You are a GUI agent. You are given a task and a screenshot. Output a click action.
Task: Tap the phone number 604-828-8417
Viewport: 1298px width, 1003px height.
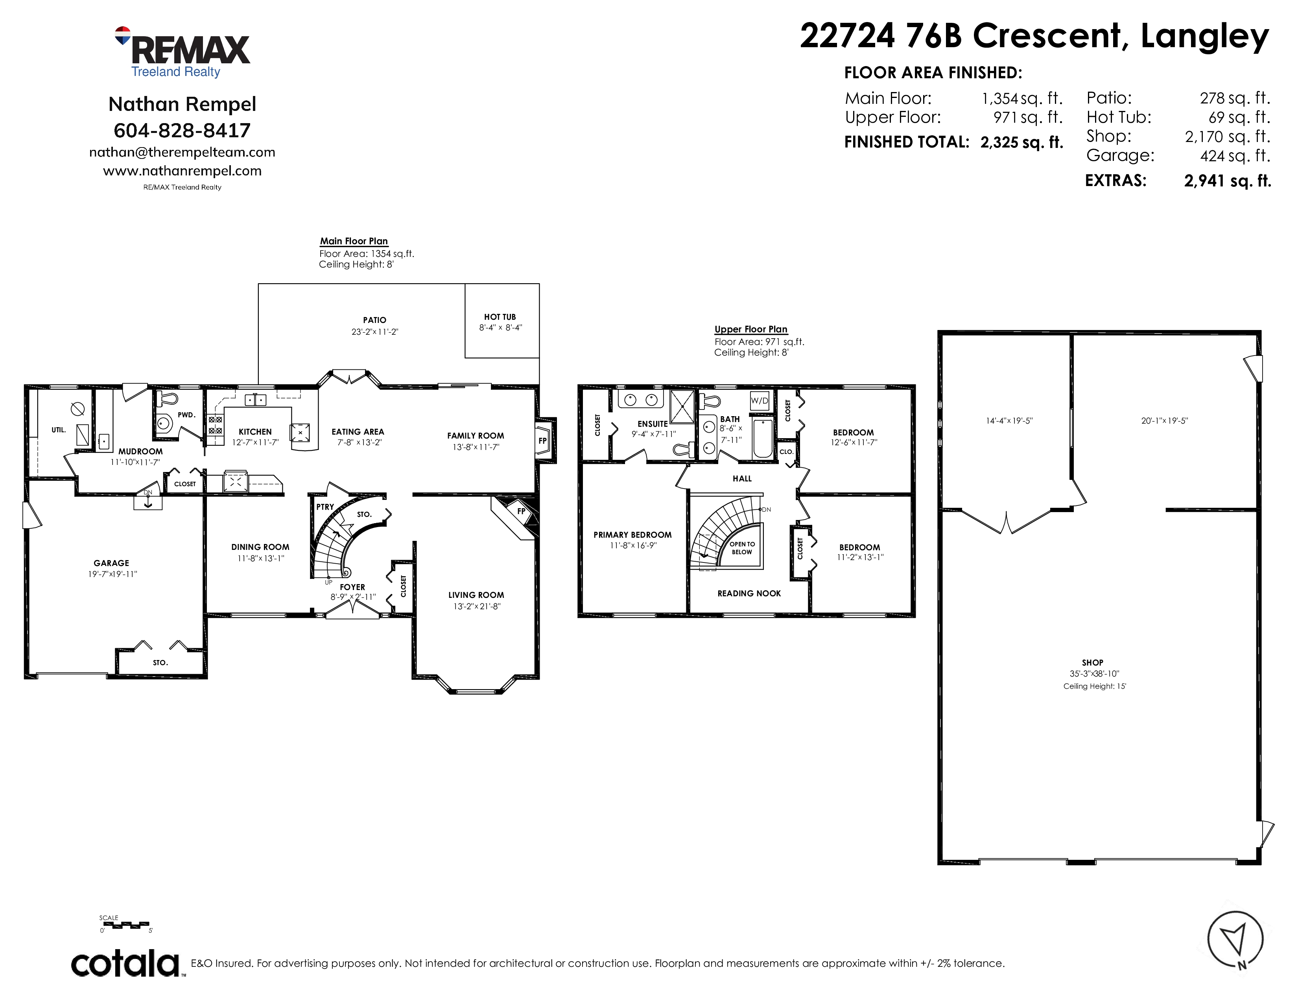coord(182,130)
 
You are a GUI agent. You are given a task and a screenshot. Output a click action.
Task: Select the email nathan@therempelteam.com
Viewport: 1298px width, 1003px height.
coord(182,152)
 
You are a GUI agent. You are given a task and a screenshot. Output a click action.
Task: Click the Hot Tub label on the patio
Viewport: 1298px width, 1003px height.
coord(500,317)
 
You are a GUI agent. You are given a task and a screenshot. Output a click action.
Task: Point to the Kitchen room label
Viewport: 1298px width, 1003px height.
coord(255,431)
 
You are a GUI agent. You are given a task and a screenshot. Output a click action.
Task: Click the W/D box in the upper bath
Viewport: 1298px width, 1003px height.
coord(760,400)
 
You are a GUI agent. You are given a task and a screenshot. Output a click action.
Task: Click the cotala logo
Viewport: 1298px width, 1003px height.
coord(126,964)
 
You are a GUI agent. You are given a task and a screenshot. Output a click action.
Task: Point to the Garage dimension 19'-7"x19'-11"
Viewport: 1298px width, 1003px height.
coord(112,574)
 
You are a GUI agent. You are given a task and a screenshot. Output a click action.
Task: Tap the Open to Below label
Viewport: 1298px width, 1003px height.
coord(742,548)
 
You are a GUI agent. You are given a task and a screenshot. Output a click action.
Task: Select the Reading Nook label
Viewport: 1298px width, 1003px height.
coord(749,593)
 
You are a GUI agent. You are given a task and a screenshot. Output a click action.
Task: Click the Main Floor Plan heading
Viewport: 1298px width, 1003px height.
coord(354,241)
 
